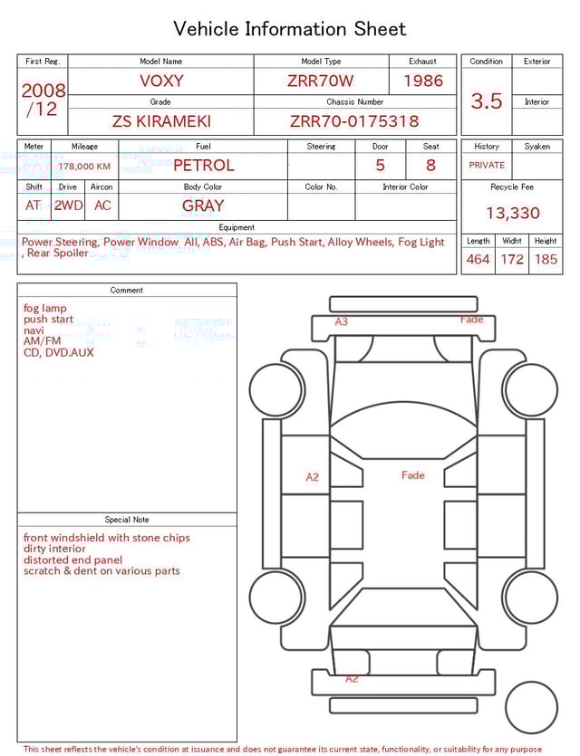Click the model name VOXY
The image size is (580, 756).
tap(160, 81)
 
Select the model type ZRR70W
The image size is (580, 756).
tap(321, 81)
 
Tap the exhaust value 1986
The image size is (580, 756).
tap(423, 81)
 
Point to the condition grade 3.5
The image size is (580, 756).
tap(487, 101)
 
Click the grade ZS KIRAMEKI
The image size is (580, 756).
tap(160, 120)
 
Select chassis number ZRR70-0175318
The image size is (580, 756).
tap(354, 120)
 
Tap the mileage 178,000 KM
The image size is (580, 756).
tap(84, 167)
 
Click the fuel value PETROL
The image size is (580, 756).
tap(203, 166)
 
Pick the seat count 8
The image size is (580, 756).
tap(430, 166)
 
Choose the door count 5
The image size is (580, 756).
tap(380, 166)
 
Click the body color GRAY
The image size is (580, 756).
tap(203, 206)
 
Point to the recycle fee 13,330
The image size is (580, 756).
tap(512, 214)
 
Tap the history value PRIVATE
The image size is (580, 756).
tap(487, 166)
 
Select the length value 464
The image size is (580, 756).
tap(478, 260)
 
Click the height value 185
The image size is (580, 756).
tap(546, 260)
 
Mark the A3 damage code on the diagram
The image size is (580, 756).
tap(342, 321)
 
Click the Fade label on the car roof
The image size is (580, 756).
tap(412, 475)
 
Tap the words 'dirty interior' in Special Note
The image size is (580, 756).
tap(55, 549)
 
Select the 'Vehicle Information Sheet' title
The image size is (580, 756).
tap(290, 29)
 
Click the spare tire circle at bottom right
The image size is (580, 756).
tap(532, 707)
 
